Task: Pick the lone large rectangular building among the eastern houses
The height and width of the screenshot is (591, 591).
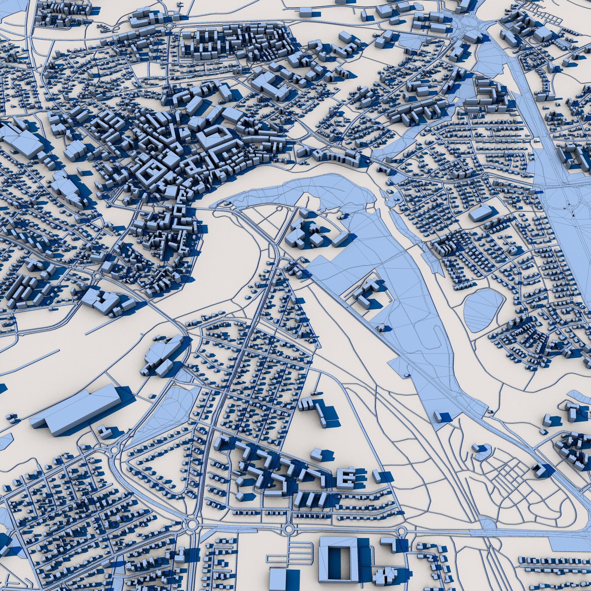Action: (x=479, y=213)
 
